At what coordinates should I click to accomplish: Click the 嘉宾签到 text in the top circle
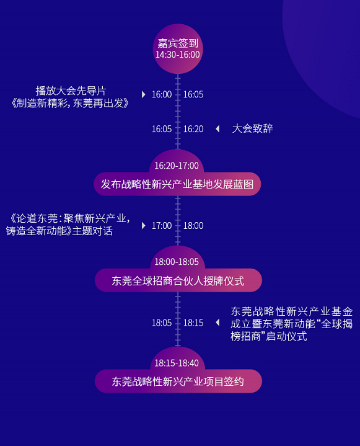[178, 43]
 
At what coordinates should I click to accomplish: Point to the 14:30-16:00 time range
[178, 55]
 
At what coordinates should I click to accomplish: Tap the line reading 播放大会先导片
[71, 91]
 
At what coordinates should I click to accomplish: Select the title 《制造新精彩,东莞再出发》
[70, 103]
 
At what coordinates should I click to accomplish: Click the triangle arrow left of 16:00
[144, 94]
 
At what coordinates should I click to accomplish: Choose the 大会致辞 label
[252, 128]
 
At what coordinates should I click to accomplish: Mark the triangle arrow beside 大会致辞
[217, 129]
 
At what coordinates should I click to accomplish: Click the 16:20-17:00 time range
[177, 166]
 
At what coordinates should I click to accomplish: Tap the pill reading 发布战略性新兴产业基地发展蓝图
[177, 184]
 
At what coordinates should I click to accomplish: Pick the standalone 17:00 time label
[162, 226]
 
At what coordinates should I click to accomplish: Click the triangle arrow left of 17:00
[144, 226]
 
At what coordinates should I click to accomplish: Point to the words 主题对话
[92, 231]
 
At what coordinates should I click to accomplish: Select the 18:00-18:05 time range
[177, 262]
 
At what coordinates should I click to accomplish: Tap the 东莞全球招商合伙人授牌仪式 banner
[178, 280]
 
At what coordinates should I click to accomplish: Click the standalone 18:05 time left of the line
[162, 323]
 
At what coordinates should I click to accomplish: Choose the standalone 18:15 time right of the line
[193, 323]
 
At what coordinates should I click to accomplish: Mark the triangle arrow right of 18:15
[217, 323]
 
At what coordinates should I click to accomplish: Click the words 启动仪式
[286, 336]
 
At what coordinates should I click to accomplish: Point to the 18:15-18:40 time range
[177, 363]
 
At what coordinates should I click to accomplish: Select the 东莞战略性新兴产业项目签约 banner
[178, 381]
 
